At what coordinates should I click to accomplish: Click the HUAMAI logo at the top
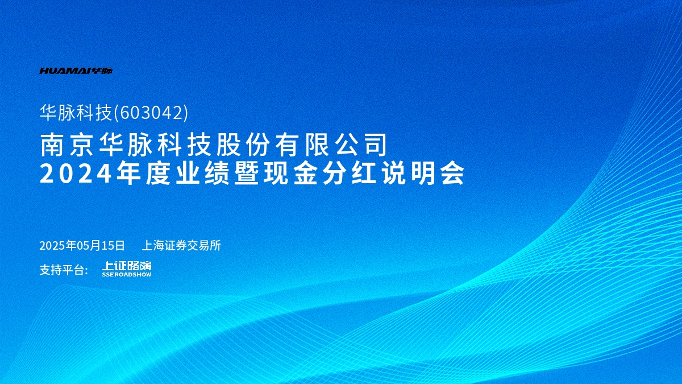(76, 71)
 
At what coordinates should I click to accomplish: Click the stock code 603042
(151, 113)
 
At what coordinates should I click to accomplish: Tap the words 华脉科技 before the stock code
(76, 113)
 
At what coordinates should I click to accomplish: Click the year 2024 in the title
(75, 174)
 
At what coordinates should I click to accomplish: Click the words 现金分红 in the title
(320, 174)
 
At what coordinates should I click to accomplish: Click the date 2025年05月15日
(82, 245)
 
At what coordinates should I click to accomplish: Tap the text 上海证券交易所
(181, 245)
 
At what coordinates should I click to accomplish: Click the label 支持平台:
(64, 270)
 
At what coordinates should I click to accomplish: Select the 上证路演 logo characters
(127, 266)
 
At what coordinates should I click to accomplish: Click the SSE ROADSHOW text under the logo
(127, 274)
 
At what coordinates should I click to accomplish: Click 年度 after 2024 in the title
(143, 174)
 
